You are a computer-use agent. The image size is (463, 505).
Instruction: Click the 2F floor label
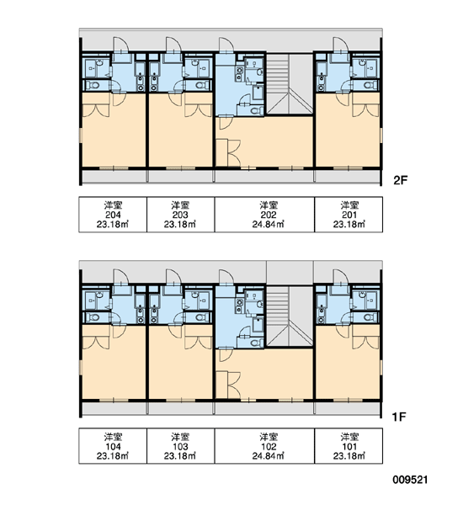pos(401,180)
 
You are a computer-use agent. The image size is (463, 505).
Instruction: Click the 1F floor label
pos(399,417)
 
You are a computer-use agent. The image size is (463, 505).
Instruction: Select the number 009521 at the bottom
pos(410,480)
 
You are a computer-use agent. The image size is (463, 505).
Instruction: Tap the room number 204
pos(113,215)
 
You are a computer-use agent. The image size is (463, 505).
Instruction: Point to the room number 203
pos(180,215)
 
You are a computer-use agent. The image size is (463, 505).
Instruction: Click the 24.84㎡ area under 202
pos(269,224)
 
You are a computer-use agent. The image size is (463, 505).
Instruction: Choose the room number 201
pos(349,215)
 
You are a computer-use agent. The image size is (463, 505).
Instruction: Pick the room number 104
pos(113,447)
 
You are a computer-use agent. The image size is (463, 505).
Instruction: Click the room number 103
pos(180,447)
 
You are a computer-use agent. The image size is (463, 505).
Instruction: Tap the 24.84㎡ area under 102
pos(269,456)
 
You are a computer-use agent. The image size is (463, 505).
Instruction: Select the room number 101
pos(349,447)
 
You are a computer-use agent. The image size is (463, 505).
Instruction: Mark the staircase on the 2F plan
pos(290,84)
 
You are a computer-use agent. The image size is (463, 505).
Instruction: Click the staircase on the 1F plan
pos(290,316)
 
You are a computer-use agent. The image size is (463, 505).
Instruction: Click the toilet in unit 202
pos(257,111)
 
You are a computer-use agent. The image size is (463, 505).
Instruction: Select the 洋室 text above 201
pos(349,205)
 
